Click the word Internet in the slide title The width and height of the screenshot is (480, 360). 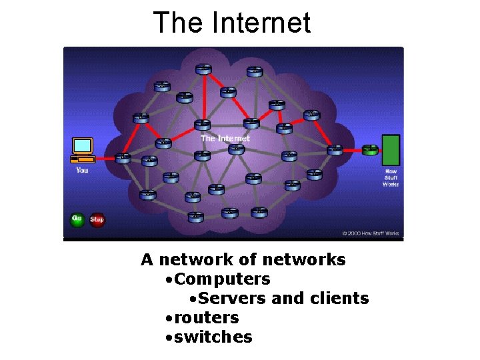pyautogui.click(x=261, y=23)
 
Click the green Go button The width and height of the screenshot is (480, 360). pyautogui.click(x=77, y=219)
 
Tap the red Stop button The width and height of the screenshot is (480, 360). pyautogui.click(x=97, y=219)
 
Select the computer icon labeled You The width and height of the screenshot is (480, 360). pyautogui.click(x=83, y=150)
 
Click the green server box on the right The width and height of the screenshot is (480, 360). pyautogui.click(x=391, y=150)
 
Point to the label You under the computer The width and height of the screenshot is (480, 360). pyautogui.click(x=82, y=171)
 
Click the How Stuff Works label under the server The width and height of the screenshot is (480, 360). pyautogui.click(x=391, y=177)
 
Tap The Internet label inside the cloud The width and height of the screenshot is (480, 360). pyautogui.click(x=225, y=138)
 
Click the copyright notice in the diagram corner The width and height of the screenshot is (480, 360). pyautogui.click(x=370, y=233)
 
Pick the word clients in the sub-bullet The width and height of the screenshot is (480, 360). pyautogui.click(x=339, y=298)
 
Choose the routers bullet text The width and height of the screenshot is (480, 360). pyautogui.click(x=207, y=317)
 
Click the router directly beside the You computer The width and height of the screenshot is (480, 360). pyautogui.click(x=123, y=159)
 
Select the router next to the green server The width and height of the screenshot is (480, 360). pyautogui.click(x=369, y=149)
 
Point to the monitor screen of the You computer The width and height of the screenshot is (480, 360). pyautogui.click(x=83, y=145)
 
